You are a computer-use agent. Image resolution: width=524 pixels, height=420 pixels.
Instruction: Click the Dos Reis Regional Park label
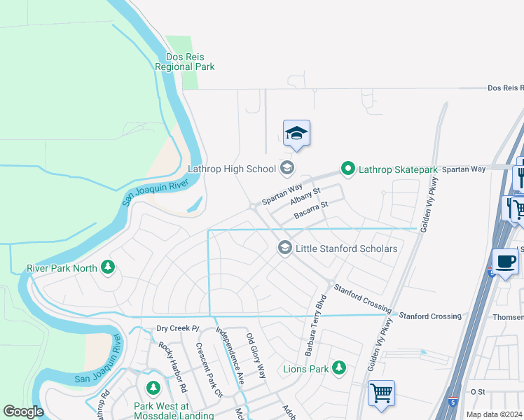pos(186,62)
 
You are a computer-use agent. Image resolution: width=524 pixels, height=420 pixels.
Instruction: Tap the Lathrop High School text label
pos(232,169)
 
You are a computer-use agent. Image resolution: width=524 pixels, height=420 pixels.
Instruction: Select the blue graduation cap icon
pos(296,133)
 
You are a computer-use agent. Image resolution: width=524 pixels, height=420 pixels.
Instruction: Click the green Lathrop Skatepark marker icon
pos(347,169)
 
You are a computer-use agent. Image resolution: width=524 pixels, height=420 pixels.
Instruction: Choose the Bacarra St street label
pos(311,210)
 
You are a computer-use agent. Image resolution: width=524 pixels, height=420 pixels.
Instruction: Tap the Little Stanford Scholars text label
pos(347,248)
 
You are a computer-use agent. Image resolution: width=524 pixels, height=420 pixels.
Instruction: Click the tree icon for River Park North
pos(107,267)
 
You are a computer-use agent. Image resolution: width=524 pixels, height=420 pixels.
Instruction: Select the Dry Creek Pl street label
pos(178,328)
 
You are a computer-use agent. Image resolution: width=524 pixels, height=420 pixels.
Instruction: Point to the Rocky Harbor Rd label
pos(172,366)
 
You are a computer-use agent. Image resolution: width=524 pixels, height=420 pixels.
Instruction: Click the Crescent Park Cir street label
pos(208,370)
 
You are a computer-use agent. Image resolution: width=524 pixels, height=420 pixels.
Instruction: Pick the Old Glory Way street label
pos(256,356)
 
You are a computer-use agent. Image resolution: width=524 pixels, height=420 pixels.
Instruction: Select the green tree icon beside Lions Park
pos(339,367)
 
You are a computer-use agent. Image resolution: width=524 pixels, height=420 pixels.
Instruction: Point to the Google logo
pos(23,412)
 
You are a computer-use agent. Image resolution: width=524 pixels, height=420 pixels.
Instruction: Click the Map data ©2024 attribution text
pos(494,414)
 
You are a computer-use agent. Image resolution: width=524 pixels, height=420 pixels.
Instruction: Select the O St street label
pos(478,391)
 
